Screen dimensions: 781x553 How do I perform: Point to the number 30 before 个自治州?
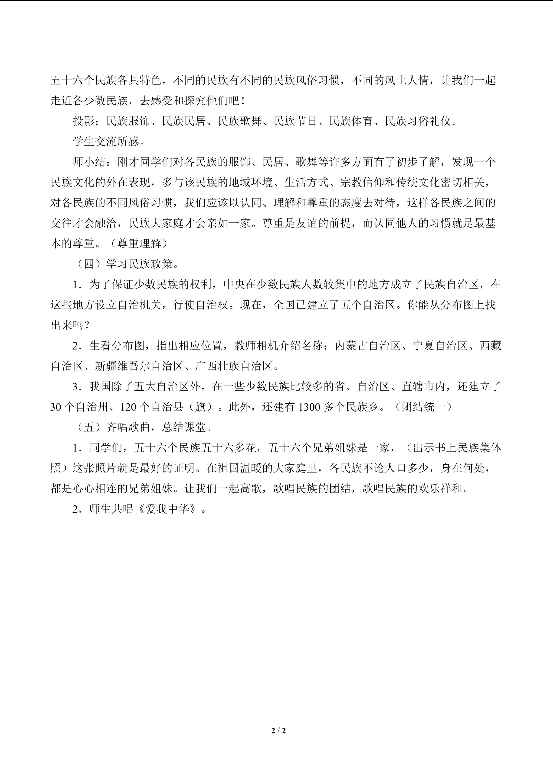[x=56, y=407]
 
